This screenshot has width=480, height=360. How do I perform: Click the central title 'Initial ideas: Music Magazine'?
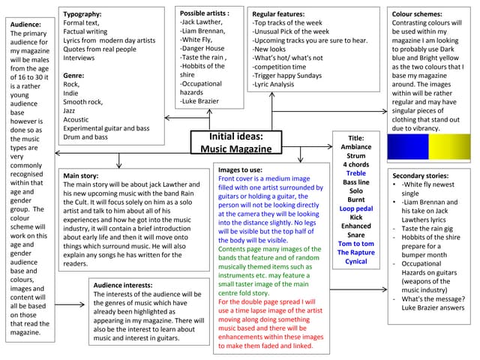point(235,142)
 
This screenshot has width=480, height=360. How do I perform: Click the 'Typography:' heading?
point(82,14)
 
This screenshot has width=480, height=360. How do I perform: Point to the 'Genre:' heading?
point(74,76)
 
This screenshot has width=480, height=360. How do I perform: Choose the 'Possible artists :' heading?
point(205,13)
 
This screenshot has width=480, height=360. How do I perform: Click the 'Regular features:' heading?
point(278,14)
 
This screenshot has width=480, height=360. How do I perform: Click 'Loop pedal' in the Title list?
point(355,209)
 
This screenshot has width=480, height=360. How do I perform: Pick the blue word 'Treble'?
point(355,174)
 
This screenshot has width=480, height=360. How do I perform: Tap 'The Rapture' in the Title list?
point(355,253)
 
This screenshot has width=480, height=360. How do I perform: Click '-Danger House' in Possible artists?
point(202,49)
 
